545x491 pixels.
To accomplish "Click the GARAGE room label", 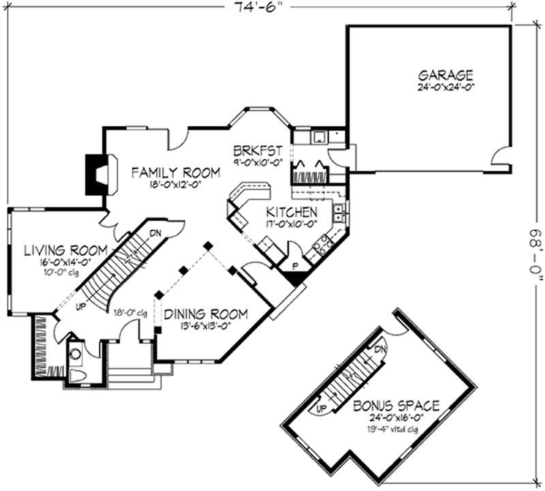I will (446, 75).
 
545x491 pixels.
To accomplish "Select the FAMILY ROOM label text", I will (176, 173).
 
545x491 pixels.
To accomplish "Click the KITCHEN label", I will (291, 211).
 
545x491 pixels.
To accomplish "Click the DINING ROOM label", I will (206, 314).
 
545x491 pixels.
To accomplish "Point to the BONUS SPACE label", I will (396, 406).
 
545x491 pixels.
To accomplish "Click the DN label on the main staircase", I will (155, 232).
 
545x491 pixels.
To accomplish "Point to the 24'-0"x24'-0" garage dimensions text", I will (446, 87).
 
